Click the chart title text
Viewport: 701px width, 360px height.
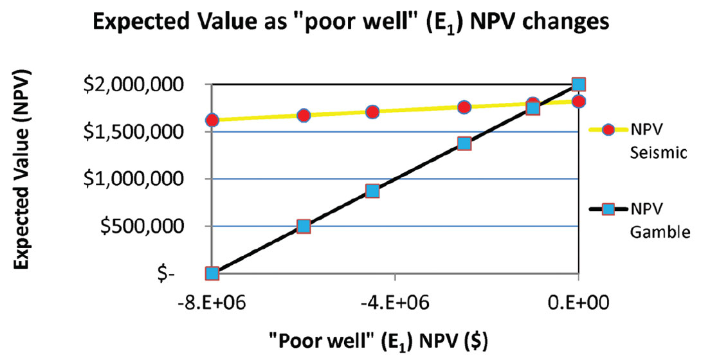(x=350, y=24)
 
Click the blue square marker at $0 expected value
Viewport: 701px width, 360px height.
(x=212, y=274)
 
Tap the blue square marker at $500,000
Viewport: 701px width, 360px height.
(x=304, y=226)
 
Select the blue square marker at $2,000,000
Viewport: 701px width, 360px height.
(x=579, y=84)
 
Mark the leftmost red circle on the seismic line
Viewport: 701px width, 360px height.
(x=212, y=120)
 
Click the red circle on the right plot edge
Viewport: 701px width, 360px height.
(x=579, y=101)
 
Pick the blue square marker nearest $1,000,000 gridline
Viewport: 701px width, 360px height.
(x=372, y=191)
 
